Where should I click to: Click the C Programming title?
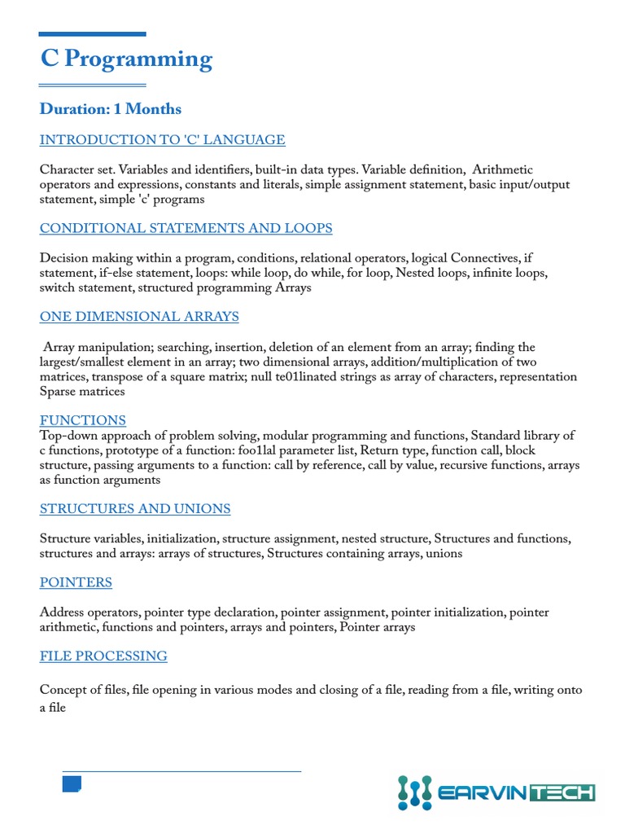[x=126, y=59]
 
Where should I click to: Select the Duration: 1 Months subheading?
[x=111, y=109]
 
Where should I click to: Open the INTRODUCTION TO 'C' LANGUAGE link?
[x=162, y=140]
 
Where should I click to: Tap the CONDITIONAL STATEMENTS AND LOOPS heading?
[x=186, y=228]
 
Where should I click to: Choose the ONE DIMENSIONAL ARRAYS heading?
[x=139, y=317]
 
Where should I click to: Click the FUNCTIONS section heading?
[x=83, y=420]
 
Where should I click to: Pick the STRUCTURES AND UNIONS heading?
[x=135, y=509]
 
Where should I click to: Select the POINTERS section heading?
[x=76, y=582]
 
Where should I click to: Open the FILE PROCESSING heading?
[x=103, y=656]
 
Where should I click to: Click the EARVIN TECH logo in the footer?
[x=496, y=792]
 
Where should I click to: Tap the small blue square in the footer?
[x=72, y=784]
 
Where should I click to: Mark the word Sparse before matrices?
[x=61, y=392]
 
